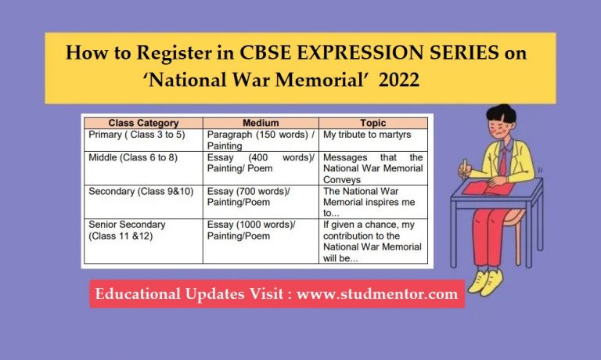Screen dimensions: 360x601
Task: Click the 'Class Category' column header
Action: click(143, 123)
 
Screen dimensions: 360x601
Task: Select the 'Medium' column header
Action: click(261, 123)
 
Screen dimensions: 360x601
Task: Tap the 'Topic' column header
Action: click(373, 123)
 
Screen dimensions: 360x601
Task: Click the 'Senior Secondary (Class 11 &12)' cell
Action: click(127, 229)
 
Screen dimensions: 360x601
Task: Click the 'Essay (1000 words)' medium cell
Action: click(251, 229)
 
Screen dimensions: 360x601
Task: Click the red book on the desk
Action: click(485, 188)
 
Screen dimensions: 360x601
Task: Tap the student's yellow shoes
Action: click(487, 279)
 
